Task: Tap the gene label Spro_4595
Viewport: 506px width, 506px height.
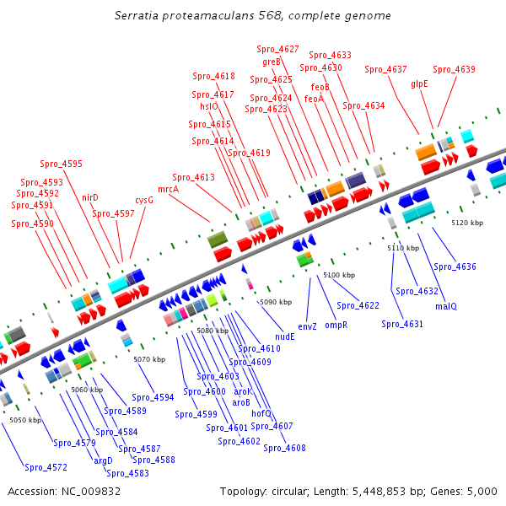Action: point(62,164)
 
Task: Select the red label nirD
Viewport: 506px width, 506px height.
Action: point(90,197)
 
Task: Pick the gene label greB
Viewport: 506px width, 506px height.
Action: point(272,62)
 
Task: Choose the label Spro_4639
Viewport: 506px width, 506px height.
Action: point(454,69)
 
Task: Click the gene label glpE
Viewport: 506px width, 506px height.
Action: point(419,83)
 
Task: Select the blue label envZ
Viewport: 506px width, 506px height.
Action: point(307,326)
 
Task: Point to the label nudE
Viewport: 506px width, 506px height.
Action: point(285,336)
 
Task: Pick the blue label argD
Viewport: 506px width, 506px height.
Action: point(103,460)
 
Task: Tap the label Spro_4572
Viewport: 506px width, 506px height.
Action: point(46,467)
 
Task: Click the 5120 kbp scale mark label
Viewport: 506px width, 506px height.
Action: point(467,223)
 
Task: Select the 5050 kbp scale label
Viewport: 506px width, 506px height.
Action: point(25,419)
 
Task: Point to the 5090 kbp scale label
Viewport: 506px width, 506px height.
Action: point(275,301)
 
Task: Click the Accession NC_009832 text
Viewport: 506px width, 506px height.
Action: point(64,491)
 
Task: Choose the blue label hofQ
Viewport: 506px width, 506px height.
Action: point(261,413)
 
